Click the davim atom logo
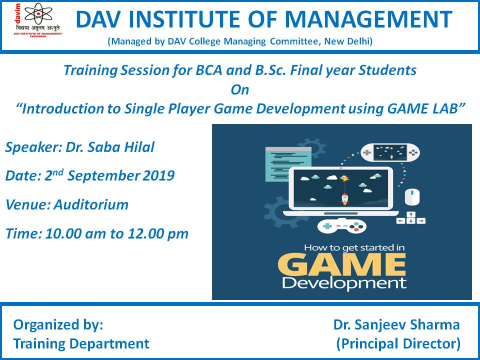(37, 14)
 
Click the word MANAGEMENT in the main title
(368, 19)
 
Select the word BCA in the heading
(209, 70)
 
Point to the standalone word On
(239, 89)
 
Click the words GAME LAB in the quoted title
(422, 108)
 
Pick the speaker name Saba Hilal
(121, 147)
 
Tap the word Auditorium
(91, 204)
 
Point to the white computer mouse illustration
(412, 197)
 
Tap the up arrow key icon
(411, 214)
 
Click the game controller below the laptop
(341, 226)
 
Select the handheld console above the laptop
(390, 152)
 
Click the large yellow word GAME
(342, 264)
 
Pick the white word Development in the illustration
(344, 283)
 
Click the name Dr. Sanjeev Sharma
(396, 325)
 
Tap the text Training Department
(81, 344)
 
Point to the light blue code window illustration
(288, 164)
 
